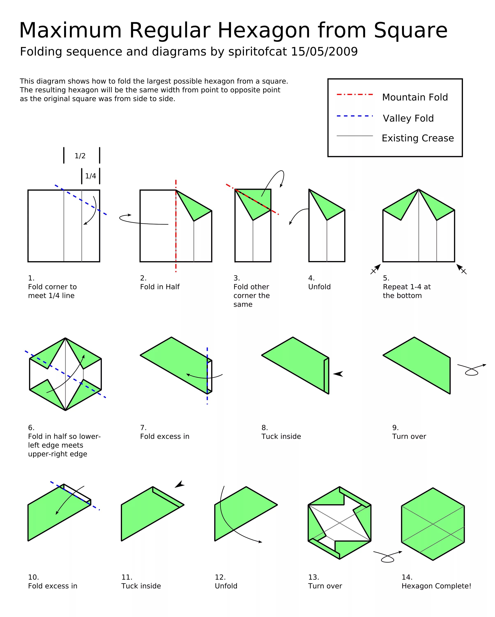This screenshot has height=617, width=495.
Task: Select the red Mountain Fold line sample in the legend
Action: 355,94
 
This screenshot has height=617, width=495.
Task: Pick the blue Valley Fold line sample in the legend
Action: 355,116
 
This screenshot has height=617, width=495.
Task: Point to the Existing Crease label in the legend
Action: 418,138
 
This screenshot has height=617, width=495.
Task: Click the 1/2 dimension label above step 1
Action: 80,156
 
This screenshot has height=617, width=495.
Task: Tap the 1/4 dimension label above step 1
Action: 91,176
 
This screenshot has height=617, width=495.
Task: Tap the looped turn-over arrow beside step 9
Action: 471,370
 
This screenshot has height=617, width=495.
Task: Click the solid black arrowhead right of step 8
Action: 338,374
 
